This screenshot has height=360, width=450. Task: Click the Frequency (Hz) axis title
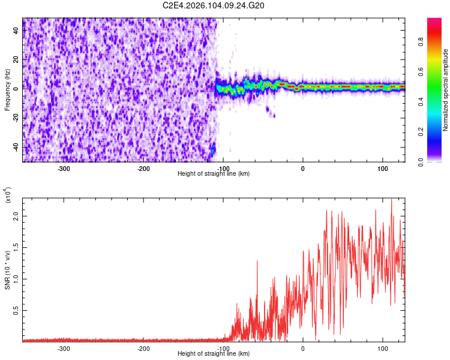pyautogui.click(x=7, y=89)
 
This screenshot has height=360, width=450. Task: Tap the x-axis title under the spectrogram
pyautogui.click(x=214, y=174)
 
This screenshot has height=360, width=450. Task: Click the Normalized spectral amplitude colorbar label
pyautogui.click(x=446, y=91)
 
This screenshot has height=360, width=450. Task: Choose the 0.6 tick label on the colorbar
pyautogui.click(x=438, y=73)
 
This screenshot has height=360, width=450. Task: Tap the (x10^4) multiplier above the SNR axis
pyautogui.click(x=8, y=195)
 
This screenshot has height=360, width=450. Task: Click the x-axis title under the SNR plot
pyautogui.click(x=214, y=354)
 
